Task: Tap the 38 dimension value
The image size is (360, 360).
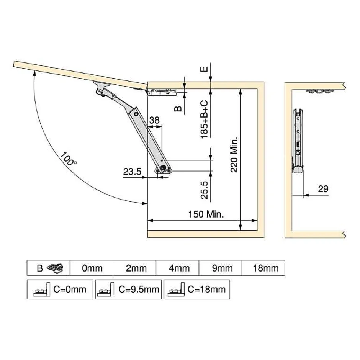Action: click(x=154, y=120)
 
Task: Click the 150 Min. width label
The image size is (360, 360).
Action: click(x=206, y=214)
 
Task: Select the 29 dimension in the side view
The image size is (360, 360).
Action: click(x=323, y=189)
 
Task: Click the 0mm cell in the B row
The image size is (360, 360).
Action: click(x=92, y=268)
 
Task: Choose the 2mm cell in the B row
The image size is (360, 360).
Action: click(x=136, y=268)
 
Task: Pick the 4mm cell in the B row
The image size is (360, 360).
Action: click(x=179, y=268)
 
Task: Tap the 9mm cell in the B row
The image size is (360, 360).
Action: click(x=222, y=268)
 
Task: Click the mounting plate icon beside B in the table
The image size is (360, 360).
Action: click(x=56, y=268)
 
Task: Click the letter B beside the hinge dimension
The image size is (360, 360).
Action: click(x=178, y=109)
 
